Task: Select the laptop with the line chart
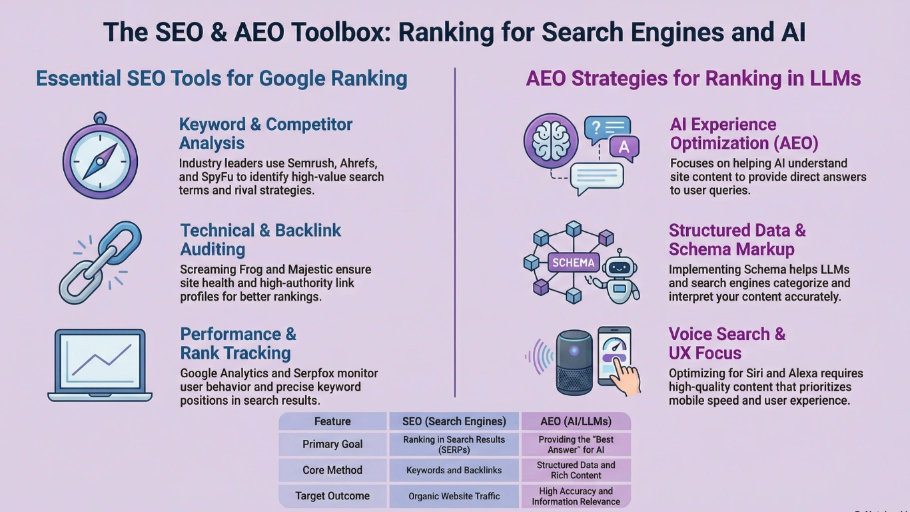tap(100, 365)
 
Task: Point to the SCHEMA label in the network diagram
tap(573, 263)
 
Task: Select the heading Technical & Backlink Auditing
tap(260, 240)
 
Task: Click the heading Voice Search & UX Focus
tap(727, 343)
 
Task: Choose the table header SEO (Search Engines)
tap(454, 421)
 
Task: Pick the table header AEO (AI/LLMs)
tap(576, 421)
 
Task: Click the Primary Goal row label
tap(332, 445)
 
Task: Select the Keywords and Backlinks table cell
tap(454, 470)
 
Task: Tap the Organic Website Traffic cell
tap(454, 496)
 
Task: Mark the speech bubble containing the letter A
tap(624, 148)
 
